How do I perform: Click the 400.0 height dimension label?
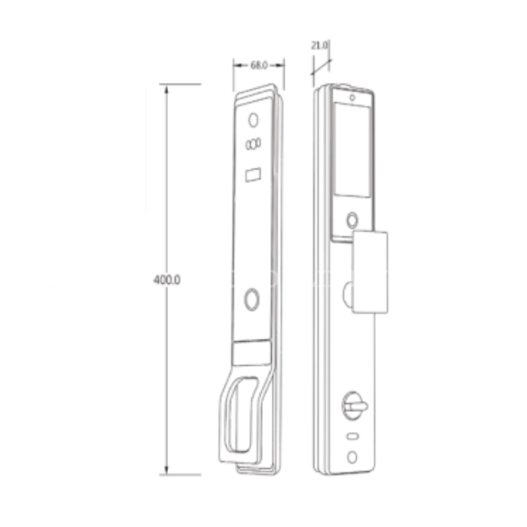(x=166, y=279)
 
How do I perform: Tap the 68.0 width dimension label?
(x=259, y=65)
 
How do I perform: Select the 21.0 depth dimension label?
(x=319, y=45)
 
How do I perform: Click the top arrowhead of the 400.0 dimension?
(x=166, y=89)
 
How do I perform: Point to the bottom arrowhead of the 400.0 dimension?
(x=166, y=470)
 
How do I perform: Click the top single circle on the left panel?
(x=253, y=120)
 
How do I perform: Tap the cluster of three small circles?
(x=253, y=144)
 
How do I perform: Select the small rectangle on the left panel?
(x=253, y=175)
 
